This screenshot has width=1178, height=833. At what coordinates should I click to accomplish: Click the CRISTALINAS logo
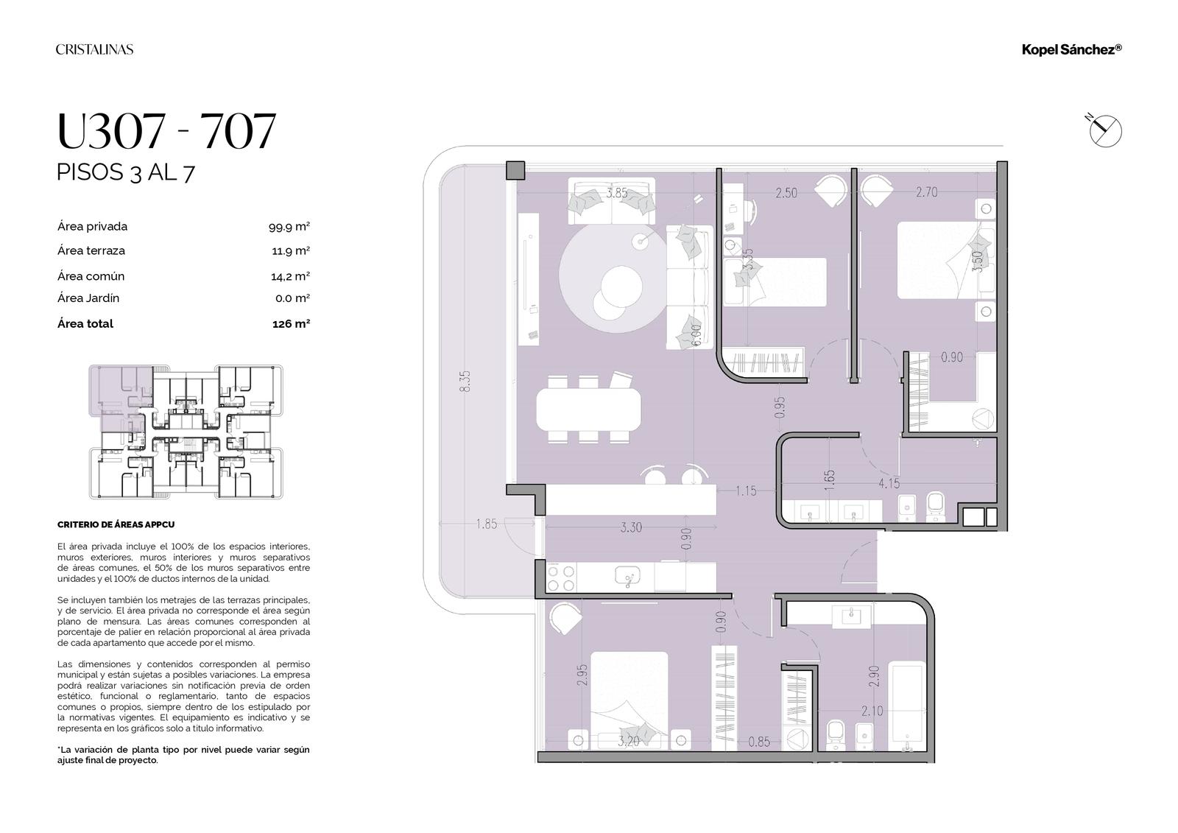pos(95,49)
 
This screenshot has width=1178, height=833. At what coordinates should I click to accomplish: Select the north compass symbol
pos(1104,130)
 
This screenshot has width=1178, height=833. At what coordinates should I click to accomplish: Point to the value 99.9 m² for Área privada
pos(289,227)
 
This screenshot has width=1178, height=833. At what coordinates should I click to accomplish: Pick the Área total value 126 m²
pos(291,323)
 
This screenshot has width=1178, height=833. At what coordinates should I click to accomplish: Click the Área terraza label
pos(91,250)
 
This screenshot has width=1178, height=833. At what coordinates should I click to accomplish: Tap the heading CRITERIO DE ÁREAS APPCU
pos(116,524)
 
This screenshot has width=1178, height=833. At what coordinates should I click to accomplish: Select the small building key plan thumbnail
pos(186,432)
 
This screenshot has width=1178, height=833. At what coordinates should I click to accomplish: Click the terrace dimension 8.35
pos(465,381)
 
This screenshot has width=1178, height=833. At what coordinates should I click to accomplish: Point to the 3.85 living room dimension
pos(617,193)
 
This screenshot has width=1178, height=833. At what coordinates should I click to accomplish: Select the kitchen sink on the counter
pos(628,577)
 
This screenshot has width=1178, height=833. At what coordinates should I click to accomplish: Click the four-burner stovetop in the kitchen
pos(561,577)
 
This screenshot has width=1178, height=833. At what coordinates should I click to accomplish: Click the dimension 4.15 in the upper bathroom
pos(889,483)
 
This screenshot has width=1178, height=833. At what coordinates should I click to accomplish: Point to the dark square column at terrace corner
pos(515,170)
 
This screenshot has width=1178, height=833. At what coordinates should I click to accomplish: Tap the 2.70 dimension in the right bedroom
pos(927,192)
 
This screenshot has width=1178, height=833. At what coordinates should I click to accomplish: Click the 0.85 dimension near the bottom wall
pos(759,742)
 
